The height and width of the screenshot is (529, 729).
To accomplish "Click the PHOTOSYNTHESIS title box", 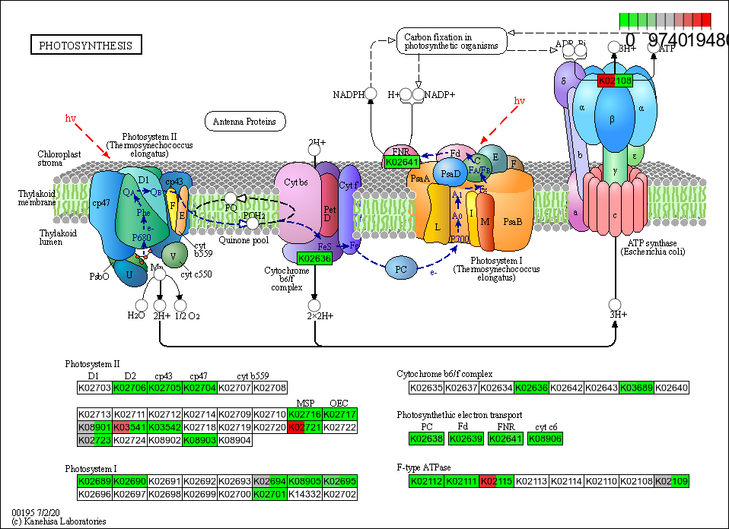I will (x=85, y=46).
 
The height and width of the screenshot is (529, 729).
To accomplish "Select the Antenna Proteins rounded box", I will (x=244, y=121).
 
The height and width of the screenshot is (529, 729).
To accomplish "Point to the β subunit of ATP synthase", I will (x=612, y=119).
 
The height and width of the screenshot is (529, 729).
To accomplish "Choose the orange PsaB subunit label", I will (x=514, y=221).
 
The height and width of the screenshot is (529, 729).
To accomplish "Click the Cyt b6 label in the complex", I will (x=297, y=182).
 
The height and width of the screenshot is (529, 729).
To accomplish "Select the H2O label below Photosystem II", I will (x=136, y=315).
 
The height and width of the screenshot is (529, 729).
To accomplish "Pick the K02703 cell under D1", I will (x=94, y=388).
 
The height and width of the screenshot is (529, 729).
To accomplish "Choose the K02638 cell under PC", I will (x=427, y=439).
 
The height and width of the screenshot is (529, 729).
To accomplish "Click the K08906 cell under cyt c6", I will (x=545, y=439).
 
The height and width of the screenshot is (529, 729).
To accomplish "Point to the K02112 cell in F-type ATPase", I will (x=427, y=481).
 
